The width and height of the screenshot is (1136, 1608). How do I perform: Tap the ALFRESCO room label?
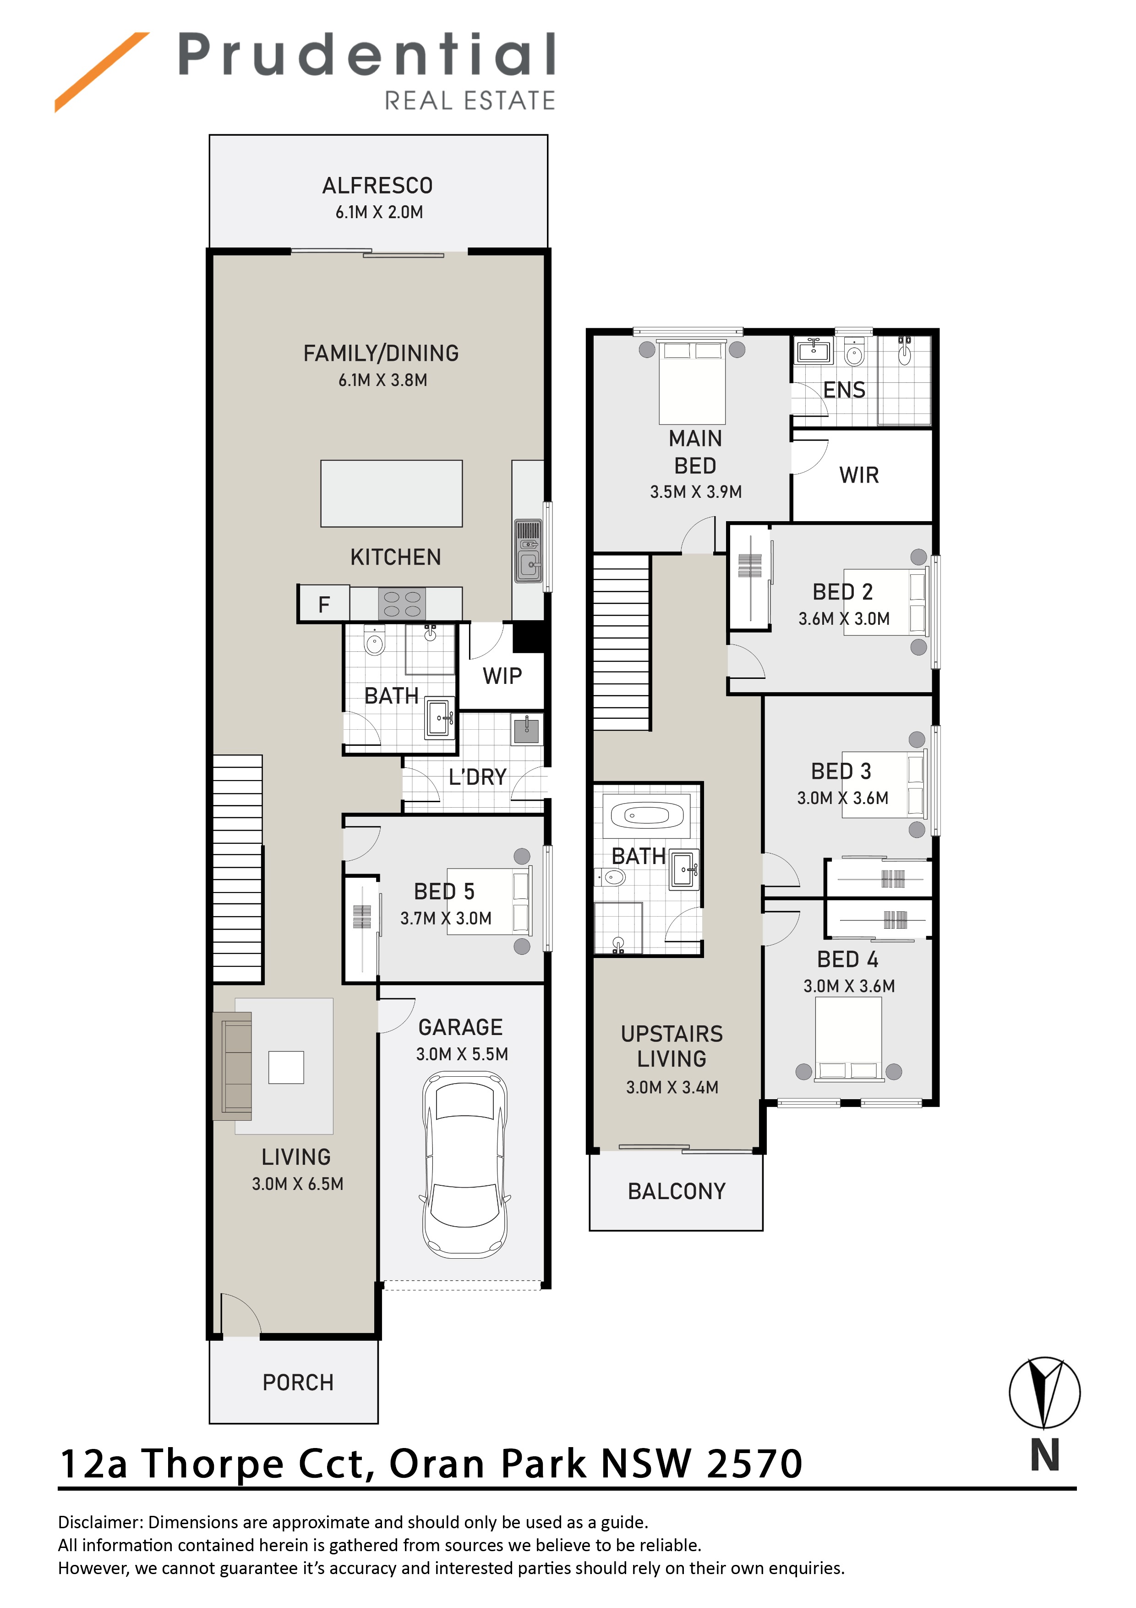(x=377, y=186)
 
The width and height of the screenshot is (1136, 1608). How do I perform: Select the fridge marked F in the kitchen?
(x=323, y=604)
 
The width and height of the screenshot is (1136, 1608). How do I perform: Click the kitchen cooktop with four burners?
(x=402, y=604)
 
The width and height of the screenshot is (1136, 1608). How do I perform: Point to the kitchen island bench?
(x=391, y=493)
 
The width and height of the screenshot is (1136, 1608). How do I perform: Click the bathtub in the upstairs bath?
(x=647, y=815)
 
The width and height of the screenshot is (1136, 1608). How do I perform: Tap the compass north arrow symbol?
(x=1044, y=1393)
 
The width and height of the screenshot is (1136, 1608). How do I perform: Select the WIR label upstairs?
(x=859, y=475)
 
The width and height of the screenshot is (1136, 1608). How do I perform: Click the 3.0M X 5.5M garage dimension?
(x=462, y=1054)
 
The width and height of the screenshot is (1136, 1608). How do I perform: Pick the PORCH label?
(x=298, y=1382)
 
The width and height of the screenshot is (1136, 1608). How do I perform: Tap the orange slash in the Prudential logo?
(x=102, y=72)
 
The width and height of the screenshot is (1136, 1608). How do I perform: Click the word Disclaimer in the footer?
(x=100, y=1523)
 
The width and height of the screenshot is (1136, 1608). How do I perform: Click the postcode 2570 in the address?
(x=754, y=1464)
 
